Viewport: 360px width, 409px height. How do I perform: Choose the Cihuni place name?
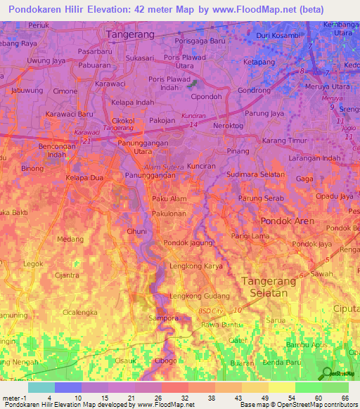(136, 231)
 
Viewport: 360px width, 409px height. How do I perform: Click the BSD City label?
(210, 310)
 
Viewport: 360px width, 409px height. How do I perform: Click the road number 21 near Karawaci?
(86, 141)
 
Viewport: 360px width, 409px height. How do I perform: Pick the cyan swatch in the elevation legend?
(41, 387)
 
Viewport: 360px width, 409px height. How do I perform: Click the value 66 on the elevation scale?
(344, 398)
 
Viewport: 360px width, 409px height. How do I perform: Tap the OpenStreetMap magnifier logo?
(327, 373)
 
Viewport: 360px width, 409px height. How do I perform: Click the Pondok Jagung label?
(188, 243)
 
